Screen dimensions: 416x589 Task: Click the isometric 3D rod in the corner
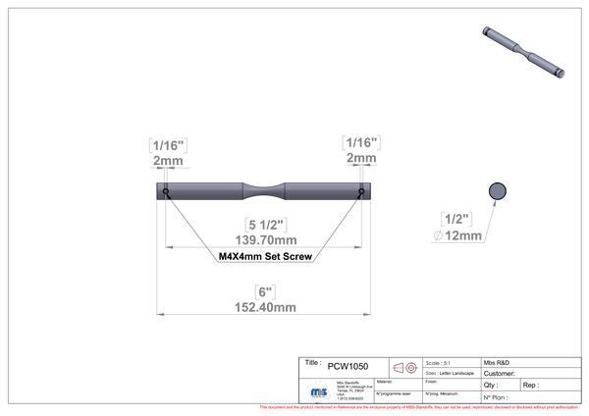521,50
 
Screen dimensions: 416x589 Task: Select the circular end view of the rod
498,189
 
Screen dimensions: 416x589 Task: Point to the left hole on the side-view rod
166,190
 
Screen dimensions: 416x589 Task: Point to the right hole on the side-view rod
362,190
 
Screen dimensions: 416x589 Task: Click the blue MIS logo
318,390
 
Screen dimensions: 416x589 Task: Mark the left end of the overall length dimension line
158,314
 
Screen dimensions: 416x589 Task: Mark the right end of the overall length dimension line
370,314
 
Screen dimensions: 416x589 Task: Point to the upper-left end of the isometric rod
485,29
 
